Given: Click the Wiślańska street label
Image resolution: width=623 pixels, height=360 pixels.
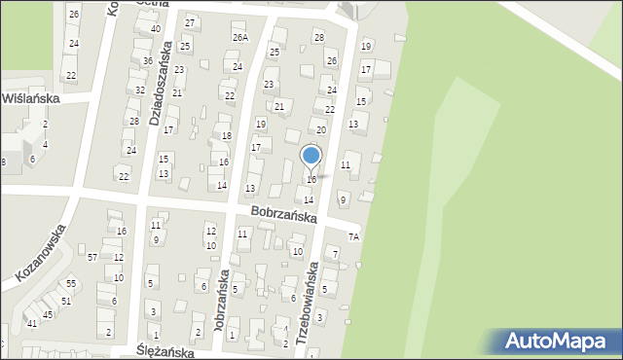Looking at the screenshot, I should tap(32, 98).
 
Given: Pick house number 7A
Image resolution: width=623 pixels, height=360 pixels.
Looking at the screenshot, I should tap(354, 236).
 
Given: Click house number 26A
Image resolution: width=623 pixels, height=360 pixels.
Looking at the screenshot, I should tap(239, 37).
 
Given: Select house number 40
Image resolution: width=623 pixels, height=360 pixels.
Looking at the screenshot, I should tap(156, 29).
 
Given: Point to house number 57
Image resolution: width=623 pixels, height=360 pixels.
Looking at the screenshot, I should tap(92, 257).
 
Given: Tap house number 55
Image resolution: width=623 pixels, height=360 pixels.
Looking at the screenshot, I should tap(71, 283).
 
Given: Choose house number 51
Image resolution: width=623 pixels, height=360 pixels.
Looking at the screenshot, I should tap(66, 301).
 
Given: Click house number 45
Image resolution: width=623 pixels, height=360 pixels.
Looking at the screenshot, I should tap(48, 314).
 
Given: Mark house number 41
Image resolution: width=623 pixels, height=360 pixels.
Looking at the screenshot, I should tap(32, 323).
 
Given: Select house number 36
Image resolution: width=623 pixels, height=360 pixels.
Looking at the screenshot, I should tap(148, 60).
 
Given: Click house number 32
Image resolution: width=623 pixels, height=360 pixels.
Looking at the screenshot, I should tap(140, 90).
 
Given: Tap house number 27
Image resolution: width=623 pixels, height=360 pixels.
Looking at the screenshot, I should tap(190, 22).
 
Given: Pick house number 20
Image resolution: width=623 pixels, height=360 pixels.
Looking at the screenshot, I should tap(321, 129).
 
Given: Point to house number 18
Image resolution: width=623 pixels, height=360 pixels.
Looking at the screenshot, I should tap(226, 135).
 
